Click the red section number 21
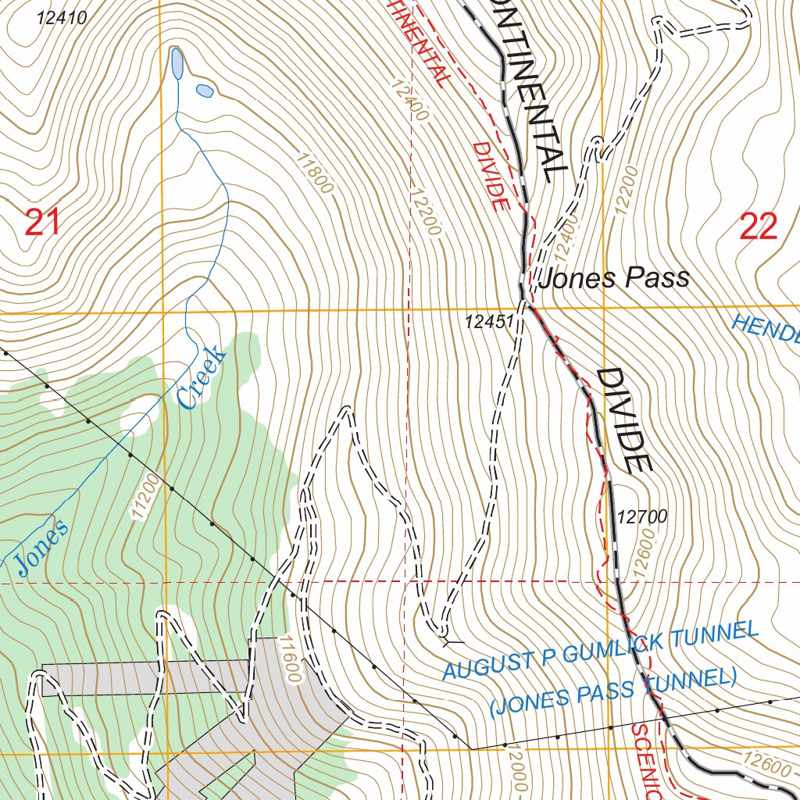coord(42,224)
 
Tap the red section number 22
coord(759,227)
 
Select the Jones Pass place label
coord(614,278)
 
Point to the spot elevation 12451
coord(488,321)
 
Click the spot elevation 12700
coord(641,516)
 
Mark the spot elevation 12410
coord(61,18)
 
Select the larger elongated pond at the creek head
coord(177,63)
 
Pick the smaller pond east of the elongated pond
coord(205,91)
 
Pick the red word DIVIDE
coord(490,176)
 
